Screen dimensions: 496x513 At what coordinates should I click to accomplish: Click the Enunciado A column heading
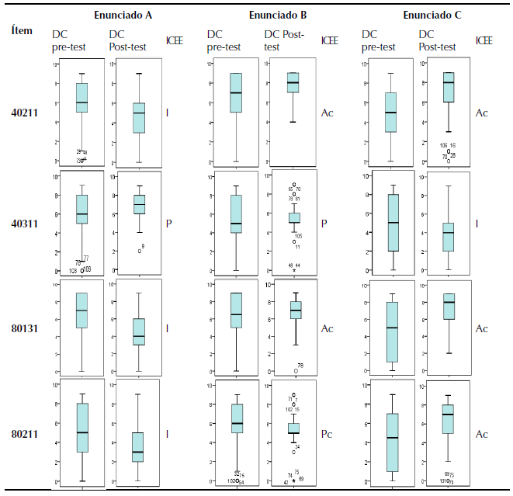[x=123, y=15]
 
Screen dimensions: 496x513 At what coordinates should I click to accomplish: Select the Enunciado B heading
[x=278, y=15]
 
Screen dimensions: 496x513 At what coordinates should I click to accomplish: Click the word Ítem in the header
[x=21, y=31]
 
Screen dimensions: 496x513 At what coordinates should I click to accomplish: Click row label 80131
[x=25, y=328]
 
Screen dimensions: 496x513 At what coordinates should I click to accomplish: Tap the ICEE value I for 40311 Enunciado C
[x=477, y=223]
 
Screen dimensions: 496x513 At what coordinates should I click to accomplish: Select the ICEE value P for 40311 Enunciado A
[x=168, y=223]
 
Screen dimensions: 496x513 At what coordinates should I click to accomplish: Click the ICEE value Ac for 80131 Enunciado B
[x=327, y=328]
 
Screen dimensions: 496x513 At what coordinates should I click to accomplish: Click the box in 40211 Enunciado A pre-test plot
[x=81, y=98]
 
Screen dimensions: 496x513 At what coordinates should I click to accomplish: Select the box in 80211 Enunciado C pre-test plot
[x=391, y=442]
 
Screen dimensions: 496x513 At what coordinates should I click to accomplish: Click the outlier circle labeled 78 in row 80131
[x=295, y=371]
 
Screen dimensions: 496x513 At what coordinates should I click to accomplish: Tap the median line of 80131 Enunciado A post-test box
[x=139, y=336]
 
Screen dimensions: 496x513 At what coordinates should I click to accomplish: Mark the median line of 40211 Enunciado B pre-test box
[x=236, y=93]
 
